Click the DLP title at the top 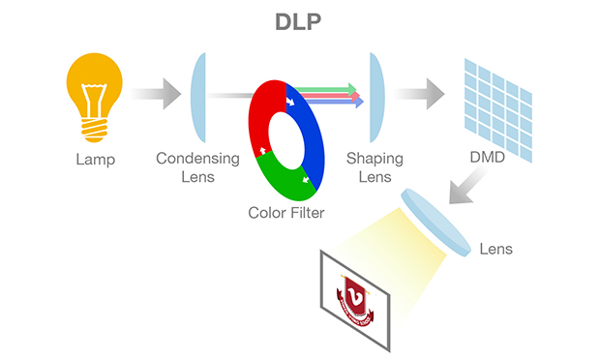click(301, 22)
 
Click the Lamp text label click(95, 160)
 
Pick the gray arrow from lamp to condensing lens click(157, 95)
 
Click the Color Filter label click(285, 212)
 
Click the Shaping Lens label click(375, 167)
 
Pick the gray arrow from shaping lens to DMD click(418, 95)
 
